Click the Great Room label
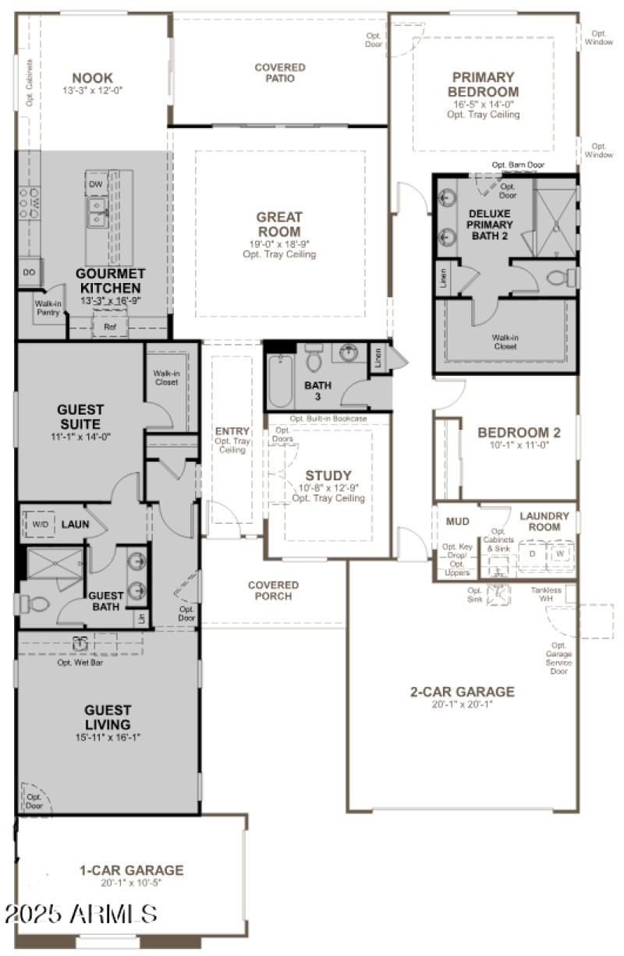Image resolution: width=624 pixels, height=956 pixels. [279, 224]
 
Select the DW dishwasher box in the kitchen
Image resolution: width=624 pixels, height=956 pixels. [95, 184]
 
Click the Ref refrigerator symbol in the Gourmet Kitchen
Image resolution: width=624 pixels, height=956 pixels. [109, 328]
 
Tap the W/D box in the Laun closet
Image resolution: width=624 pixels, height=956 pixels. [38, 525]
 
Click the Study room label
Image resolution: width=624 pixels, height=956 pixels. [328, 476]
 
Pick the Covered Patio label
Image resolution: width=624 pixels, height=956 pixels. [279, 73]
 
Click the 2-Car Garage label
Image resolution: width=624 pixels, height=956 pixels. [463, 692]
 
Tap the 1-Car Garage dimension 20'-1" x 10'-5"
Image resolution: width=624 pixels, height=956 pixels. [131, 883]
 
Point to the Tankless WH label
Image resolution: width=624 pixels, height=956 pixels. [547, 595]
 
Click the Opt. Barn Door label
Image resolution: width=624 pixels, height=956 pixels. [518, 165]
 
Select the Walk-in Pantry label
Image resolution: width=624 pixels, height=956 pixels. [48, 307]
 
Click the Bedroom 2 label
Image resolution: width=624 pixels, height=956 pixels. [519, 432]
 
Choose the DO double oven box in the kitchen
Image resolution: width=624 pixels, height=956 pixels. [30, 272]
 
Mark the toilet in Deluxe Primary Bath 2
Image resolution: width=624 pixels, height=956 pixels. [560, 276]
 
